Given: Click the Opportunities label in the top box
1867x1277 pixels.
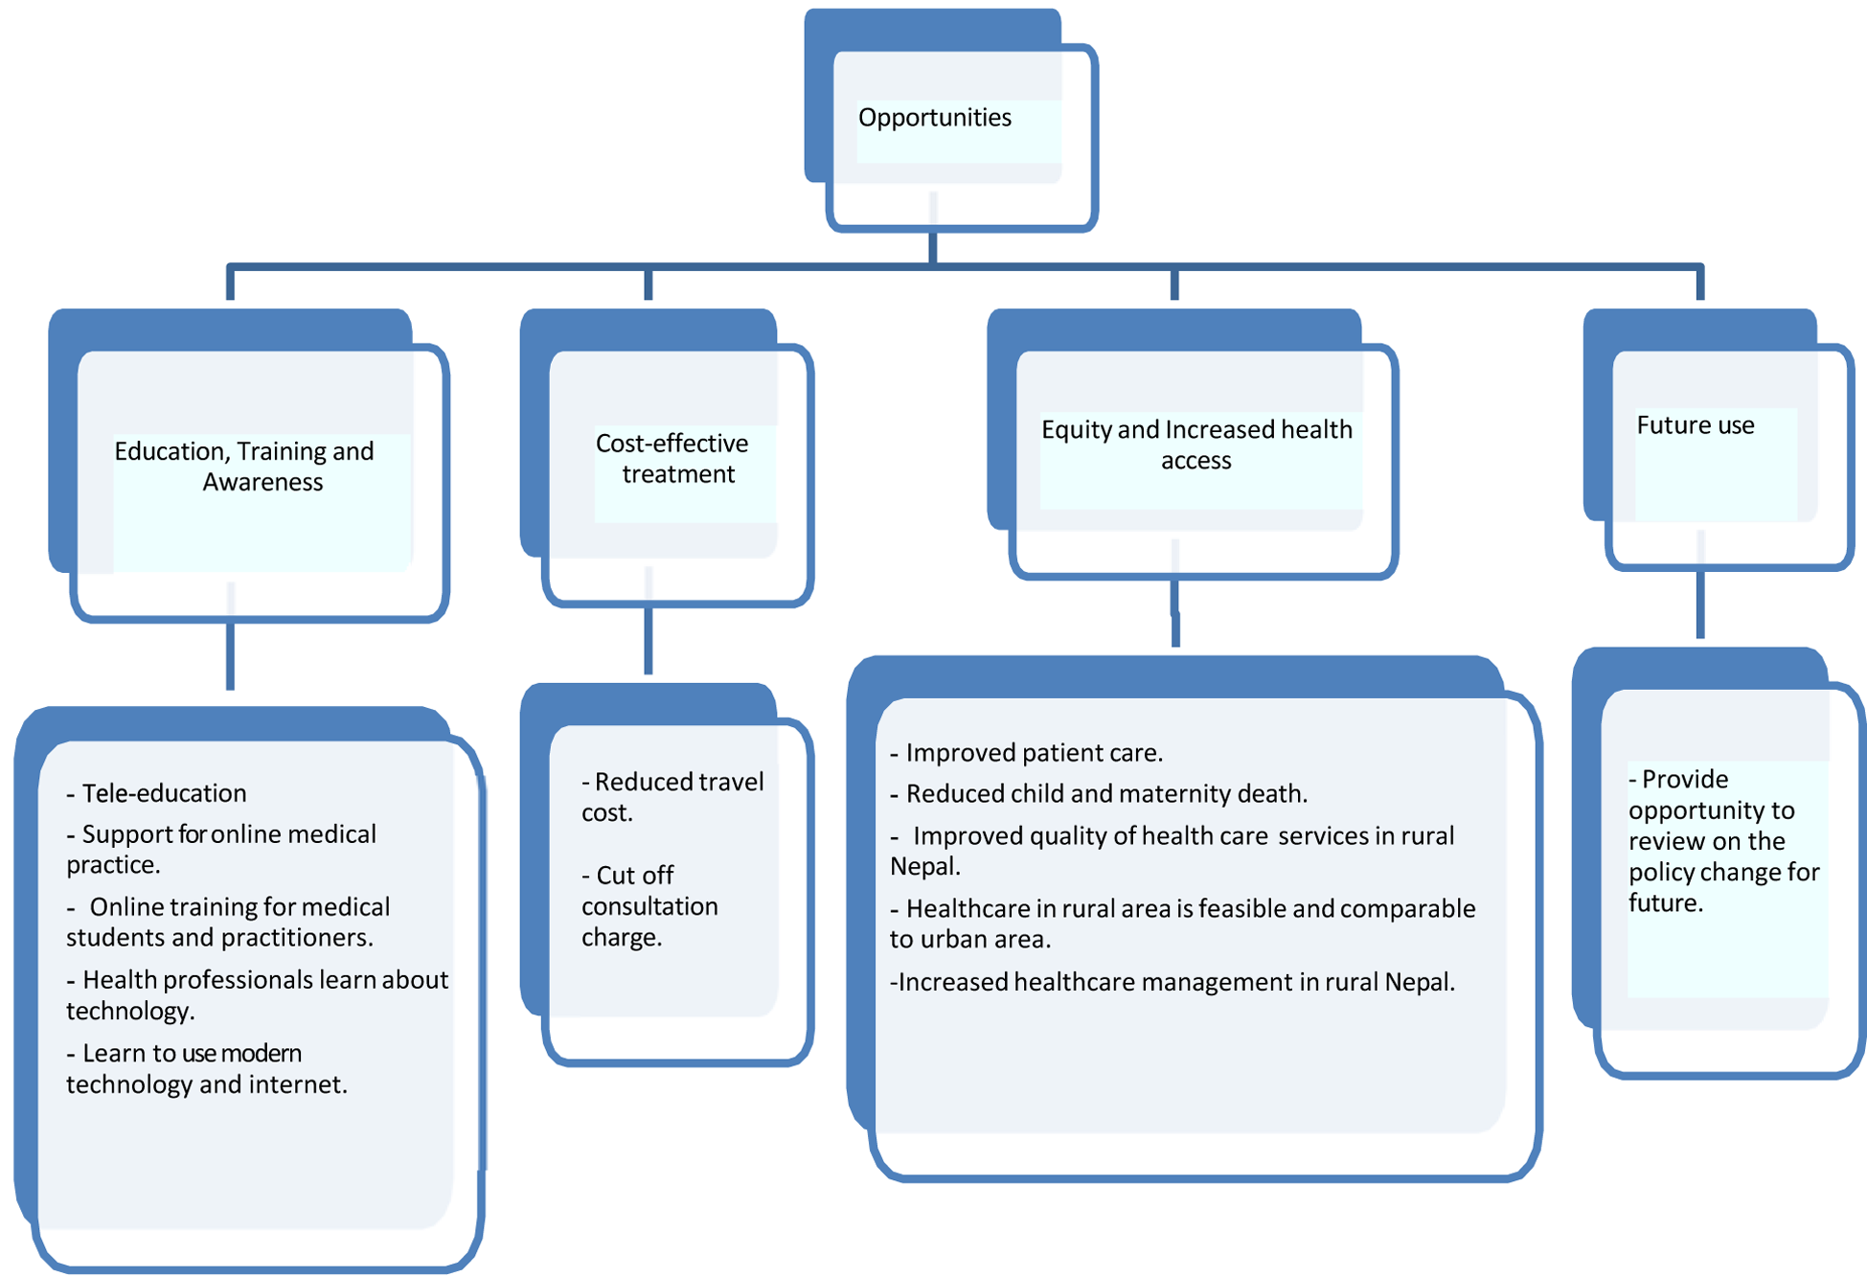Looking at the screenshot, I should [934, 118].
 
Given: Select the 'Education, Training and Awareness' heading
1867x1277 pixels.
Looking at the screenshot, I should [244, 467].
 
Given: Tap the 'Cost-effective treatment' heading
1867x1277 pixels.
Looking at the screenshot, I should [672, 459].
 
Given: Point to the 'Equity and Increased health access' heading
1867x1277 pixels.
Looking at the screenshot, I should [1196, 445].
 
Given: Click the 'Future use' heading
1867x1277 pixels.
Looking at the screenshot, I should [1695, 425].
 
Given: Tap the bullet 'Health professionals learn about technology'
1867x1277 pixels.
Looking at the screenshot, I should [256, 994].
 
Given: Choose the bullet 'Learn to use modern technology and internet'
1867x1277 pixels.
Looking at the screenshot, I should [205, 1068].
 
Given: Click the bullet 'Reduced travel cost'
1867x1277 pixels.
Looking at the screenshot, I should [672, 797].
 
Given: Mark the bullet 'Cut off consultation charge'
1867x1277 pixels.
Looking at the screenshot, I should [649, 906].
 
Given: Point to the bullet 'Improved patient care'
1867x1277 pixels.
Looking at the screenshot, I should [1026, 753].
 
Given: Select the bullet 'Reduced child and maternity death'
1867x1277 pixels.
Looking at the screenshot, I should [1099, 794].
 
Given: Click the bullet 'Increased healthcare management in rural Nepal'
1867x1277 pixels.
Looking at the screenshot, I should [1173, 982].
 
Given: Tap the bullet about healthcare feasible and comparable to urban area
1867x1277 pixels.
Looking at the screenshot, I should [1182, 924].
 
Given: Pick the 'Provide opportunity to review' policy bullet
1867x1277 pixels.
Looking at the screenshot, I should [1721, 841].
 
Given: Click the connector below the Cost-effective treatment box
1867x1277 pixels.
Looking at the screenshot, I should [649, 640].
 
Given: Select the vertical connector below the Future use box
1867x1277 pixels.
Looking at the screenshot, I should [1700, 604].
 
